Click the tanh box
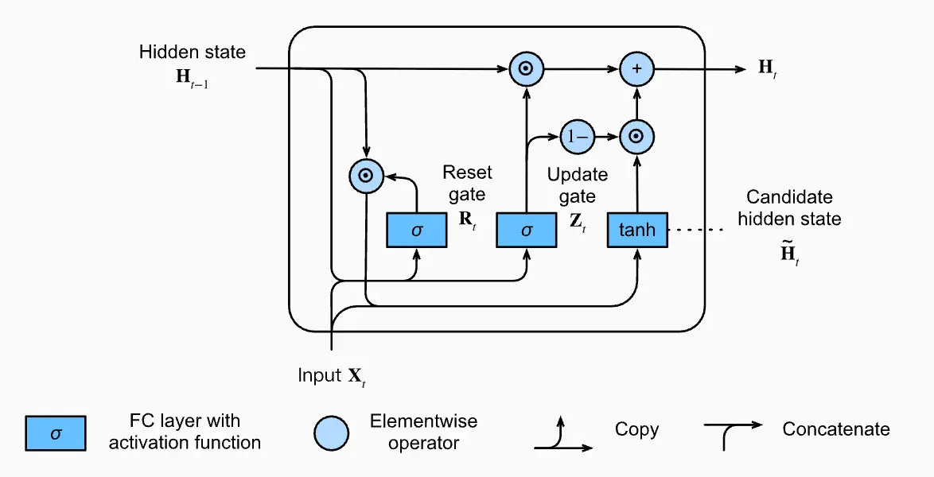[x=637, y=231]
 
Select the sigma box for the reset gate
[x=416, y=231]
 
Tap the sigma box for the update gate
[x=526, y=231]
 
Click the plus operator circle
[x=636, y=69]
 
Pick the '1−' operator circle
[x=576, y=137]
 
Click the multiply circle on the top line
[x=525, y=69]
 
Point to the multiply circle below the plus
[x=636, y=137]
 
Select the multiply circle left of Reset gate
[x=366, y=176]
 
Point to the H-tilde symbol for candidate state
[x=788, y=254]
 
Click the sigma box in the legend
[x=55, y=433]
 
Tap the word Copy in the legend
[x=636, y=429]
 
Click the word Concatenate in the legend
[x=836, y=429]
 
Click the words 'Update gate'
[x=578, y=184]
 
